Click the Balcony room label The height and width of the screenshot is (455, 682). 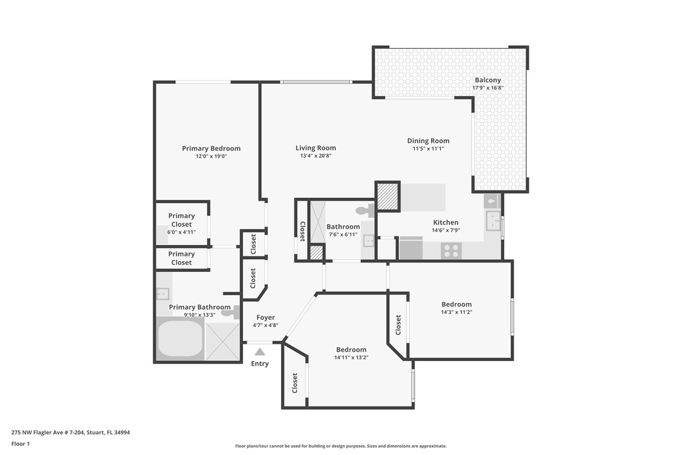(488, 80)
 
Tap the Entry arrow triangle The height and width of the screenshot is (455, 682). (260, 352)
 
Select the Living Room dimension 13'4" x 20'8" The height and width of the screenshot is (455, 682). (316, 156)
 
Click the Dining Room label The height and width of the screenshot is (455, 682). (428, 141)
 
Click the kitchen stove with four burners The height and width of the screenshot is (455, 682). (451, 251)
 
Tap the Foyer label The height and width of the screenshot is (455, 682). (265, 318)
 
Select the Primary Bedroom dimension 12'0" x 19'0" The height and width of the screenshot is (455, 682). (211, 156)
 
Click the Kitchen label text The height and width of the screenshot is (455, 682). (446, 223)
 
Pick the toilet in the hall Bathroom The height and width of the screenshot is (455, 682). (366, 211)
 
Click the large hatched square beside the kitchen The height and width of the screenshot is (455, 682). (388, 197)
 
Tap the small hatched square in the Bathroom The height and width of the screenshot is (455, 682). (316, 252)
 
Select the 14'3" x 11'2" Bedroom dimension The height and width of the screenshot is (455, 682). (457, 312)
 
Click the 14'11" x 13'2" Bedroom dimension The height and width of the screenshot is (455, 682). (352, 358)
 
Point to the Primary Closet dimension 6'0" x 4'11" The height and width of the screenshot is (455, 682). (181, 232)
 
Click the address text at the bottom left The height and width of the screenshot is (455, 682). (71, 432)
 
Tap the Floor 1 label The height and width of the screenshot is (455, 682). (21, 444)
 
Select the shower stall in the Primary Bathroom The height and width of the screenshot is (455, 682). (222, 342)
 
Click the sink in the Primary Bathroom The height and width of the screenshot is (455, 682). (163, 294)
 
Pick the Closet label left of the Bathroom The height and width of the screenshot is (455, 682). (302, 231)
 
